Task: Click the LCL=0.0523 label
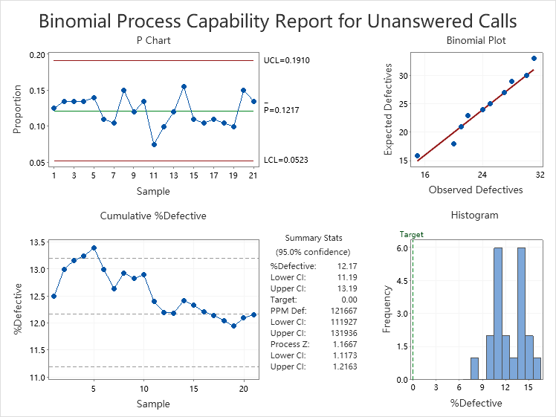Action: coord(287,161)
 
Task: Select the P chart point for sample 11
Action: coord(153,144)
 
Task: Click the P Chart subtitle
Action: coord(154,40)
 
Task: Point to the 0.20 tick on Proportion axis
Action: coord(36,55)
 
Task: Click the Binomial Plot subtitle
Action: coord(476,40)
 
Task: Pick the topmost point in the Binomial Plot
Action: coord(534,58)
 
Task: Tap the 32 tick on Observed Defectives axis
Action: coord(539,175)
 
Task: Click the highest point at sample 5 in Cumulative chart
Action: coord(94,248)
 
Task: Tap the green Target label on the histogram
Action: coord(411,234)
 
